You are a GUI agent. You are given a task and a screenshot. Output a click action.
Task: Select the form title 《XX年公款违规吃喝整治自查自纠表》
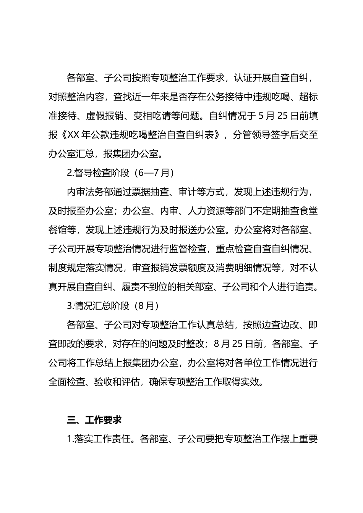pos(143,135)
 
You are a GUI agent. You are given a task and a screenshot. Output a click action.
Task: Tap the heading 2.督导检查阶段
pos(99,173)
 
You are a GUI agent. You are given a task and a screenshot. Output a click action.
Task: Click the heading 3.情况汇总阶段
pos(99,306)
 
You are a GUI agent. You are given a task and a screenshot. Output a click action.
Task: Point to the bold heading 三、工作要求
pos(94,420)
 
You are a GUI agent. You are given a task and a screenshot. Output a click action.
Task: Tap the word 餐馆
pos(58,230)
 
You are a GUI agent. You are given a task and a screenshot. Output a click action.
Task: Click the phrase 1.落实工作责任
pos(99,439)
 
